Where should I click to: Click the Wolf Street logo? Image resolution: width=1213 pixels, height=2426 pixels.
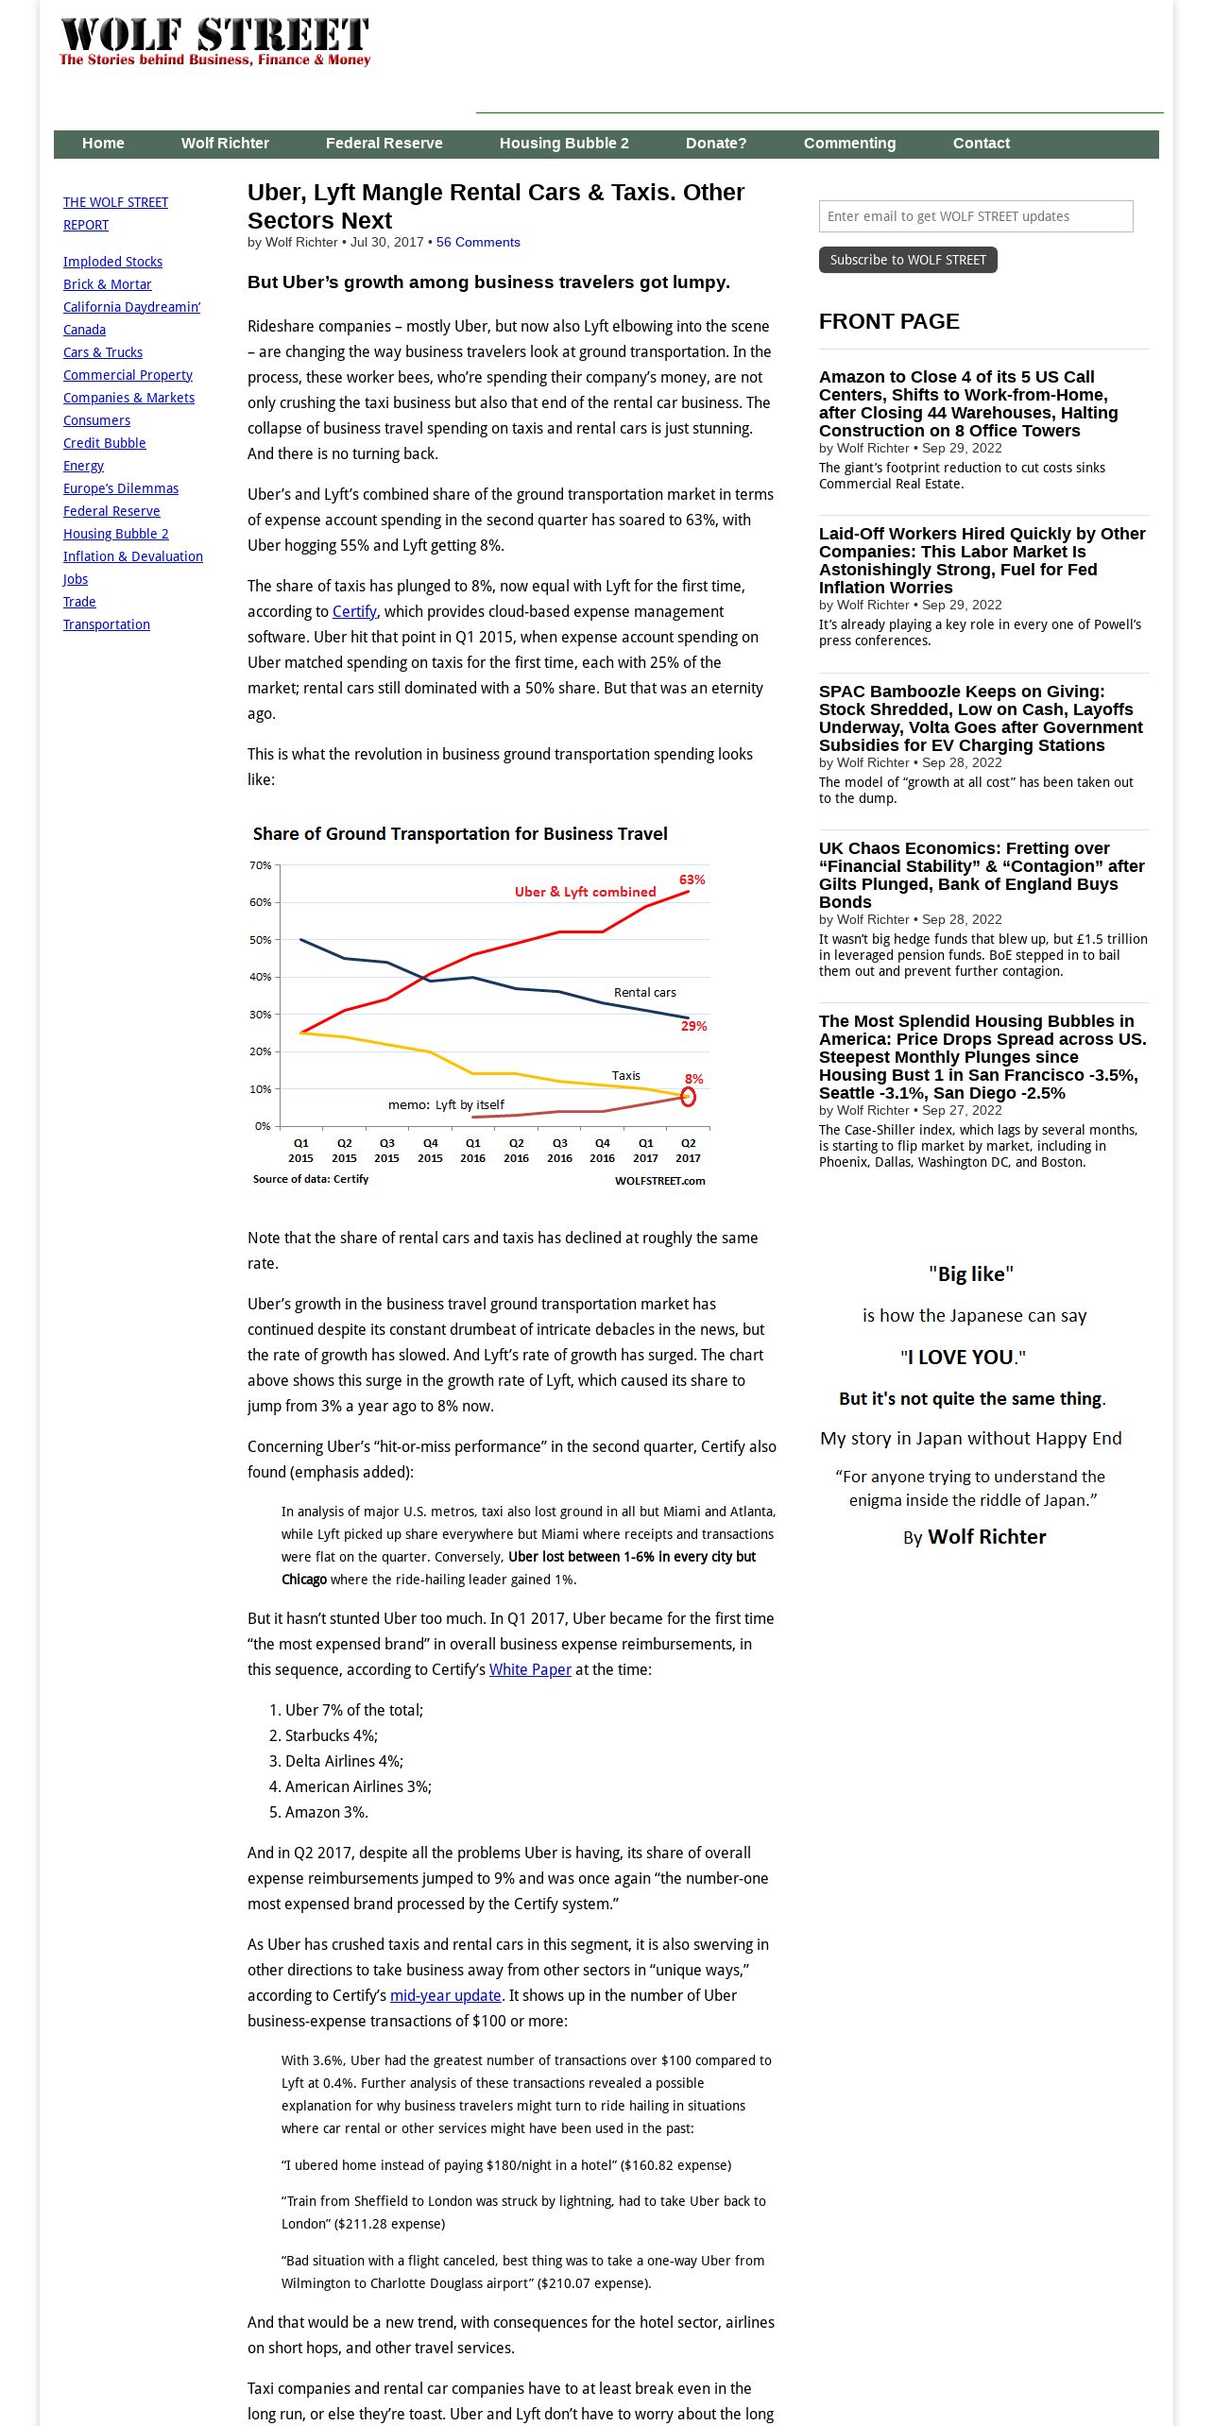[x=214, y=41]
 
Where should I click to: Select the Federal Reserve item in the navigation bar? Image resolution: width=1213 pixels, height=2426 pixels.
[x=384, y=144]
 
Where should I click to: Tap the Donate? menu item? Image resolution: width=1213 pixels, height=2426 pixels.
[x=715, y=144]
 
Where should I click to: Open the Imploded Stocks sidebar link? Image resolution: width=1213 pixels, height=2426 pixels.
[x=112, y=262]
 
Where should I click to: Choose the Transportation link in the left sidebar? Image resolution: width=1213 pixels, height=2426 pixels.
[x=106, y=624]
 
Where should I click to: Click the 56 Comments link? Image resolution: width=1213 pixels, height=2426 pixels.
[x=478, y=243]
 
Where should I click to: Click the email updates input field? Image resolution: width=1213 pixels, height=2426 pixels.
[x=975, y=216]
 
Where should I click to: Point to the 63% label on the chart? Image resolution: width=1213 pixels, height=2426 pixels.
[x=692, y=880]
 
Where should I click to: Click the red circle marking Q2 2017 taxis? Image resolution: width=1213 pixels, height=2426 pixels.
[x=688, y=1097]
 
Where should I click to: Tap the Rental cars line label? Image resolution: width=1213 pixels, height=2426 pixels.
[x=644, y=993]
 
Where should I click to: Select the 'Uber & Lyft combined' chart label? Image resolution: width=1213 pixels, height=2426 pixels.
[x=585, y=892]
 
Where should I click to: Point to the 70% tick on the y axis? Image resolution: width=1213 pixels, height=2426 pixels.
[x=260, y=865]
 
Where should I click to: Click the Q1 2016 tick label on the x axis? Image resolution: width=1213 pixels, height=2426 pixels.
[x=472, y=1151]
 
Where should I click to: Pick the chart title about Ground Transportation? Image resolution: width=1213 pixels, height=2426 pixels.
[x=460, y=834]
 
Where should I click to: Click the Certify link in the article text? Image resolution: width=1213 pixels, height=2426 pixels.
[x=354, y=612]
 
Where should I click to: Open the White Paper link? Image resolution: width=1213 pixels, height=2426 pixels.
[x=530, y=1670]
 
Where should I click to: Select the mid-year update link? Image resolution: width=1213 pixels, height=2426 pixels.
[x=445, y=1996]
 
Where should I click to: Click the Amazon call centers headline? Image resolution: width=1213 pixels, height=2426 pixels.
[x=968, y=403]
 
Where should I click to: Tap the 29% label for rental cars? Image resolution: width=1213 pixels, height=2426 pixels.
[x=693, y=1027]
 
